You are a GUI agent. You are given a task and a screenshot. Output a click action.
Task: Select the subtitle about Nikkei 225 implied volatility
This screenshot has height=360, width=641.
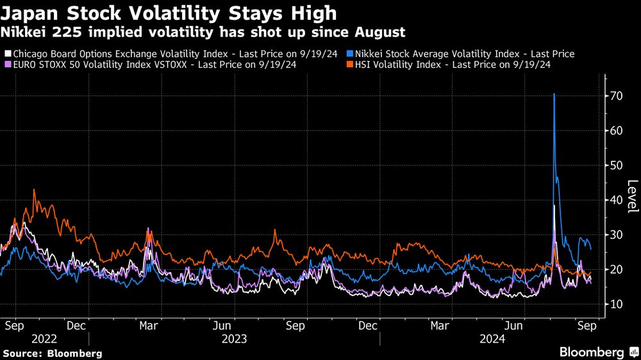[x=203, y=31]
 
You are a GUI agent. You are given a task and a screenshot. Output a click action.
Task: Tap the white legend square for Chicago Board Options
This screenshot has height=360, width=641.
[x=7, y=54]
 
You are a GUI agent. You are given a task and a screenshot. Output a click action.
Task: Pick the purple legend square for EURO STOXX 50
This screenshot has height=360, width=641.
[x=7, y=65]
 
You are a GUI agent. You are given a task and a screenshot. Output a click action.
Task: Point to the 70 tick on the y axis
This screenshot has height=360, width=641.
[x=616, y=96]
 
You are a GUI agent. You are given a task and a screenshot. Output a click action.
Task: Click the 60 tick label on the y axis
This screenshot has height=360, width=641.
[x=616, y=131]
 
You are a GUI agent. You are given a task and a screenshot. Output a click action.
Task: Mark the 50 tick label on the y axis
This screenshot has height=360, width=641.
[x=616, y=165]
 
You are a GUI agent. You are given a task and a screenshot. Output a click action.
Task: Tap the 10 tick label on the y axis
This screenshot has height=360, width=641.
[x=616, y=304]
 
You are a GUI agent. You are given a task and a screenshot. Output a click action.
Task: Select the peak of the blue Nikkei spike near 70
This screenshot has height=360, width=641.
[x=554, y=94]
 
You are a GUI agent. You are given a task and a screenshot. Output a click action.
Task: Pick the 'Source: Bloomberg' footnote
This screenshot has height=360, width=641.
[x=53, y=353]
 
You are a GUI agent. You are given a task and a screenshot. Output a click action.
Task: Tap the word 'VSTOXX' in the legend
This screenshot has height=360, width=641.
[x=179, y=65]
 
